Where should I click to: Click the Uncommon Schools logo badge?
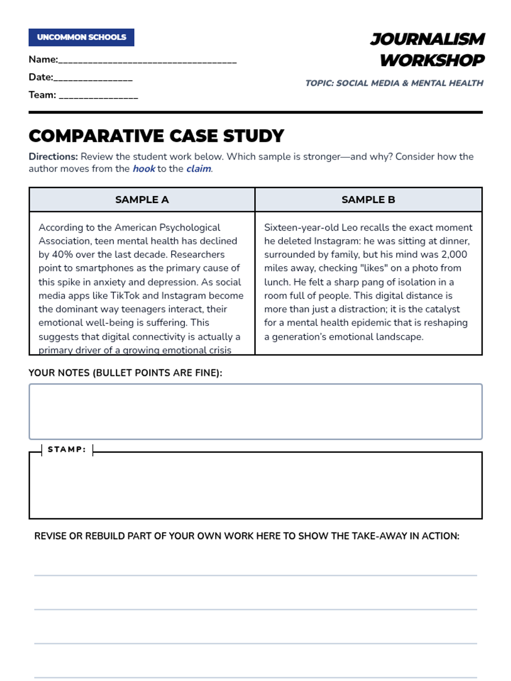tap(81, 37)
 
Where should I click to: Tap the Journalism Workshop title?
tap(428, 49)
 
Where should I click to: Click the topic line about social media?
tap(394, 83)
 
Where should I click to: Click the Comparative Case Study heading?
tap(156, 136)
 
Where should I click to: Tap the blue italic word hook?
tap(144, 169)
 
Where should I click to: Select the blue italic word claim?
tap(198, 169)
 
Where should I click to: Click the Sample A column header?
tap(142, 200)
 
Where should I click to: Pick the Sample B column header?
tap(368, 200)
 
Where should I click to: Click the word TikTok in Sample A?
tap(125, 295)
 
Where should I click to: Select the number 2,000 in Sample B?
tap(454, 255)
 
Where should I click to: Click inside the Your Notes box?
tap(255, 412)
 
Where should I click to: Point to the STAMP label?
tap(67, 449)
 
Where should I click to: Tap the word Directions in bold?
tap(53, 157)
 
